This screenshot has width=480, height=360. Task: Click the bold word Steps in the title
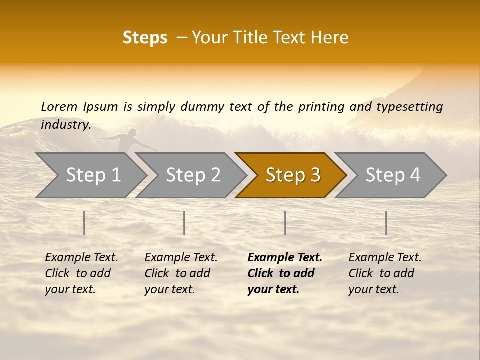click(145, 38)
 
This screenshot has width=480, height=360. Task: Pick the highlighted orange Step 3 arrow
click(292, 175)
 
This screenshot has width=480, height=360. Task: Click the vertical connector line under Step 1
click(84, 223)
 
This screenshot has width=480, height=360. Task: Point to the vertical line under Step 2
click(184, 223)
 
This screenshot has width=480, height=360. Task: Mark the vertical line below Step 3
click(285, 223)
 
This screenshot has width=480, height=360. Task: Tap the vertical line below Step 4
click(386, 223)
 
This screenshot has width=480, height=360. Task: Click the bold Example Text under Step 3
click(284, 273)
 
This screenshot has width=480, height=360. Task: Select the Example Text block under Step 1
click(81, 273)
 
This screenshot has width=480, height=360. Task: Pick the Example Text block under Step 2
click(181, 273)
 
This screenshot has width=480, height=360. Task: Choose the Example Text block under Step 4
click(385, 273)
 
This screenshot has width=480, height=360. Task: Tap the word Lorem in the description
click(59, 106)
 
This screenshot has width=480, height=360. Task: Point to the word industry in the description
click(65, 125)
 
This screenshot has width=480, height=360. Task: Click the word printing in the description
click(321, 107)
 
